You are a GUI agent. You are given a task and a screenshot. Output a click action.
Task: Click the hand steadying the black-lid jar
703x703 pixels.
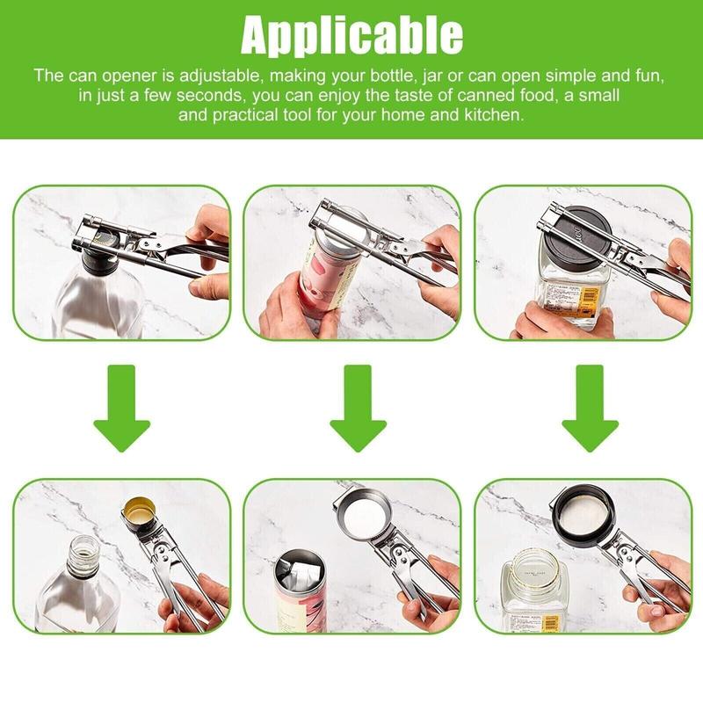pos(545,321)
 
